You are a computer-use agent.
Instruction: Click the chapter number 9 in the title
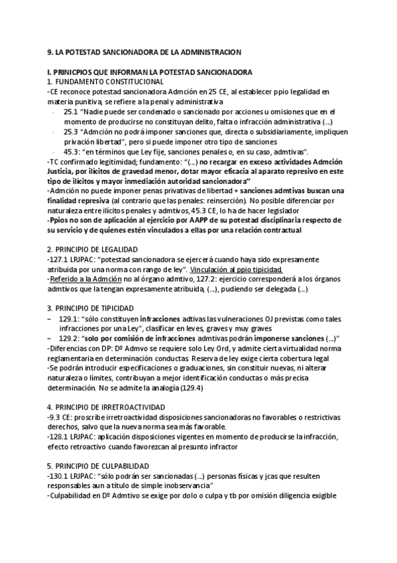50,51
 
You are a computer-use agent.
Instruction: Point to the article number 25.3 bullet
72,132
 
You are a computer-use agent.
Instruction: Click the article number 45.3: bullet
73,152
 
